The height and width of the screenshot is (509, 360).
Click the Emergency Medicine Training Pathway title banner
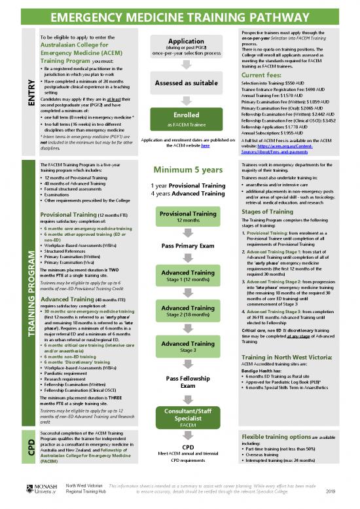tap(180, 11)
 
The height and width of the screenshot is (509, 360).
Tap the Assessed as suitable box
tap(179, 83)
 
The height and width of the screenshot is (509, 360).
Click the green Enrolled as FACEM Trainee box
tap(179, 120)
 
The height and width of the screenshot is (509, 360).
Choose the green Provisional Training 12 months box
tap(179, 217)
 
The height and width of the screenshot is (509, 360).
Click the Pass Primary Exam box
tap(179, 246)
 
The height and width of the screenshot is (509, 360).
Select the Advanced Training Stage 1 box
tap(179, 276)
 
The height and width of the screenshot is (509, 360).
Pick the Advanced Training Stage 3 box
tap(179, 348)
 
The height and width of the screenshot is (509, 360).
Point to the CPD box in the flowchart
tap(179, 452)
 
